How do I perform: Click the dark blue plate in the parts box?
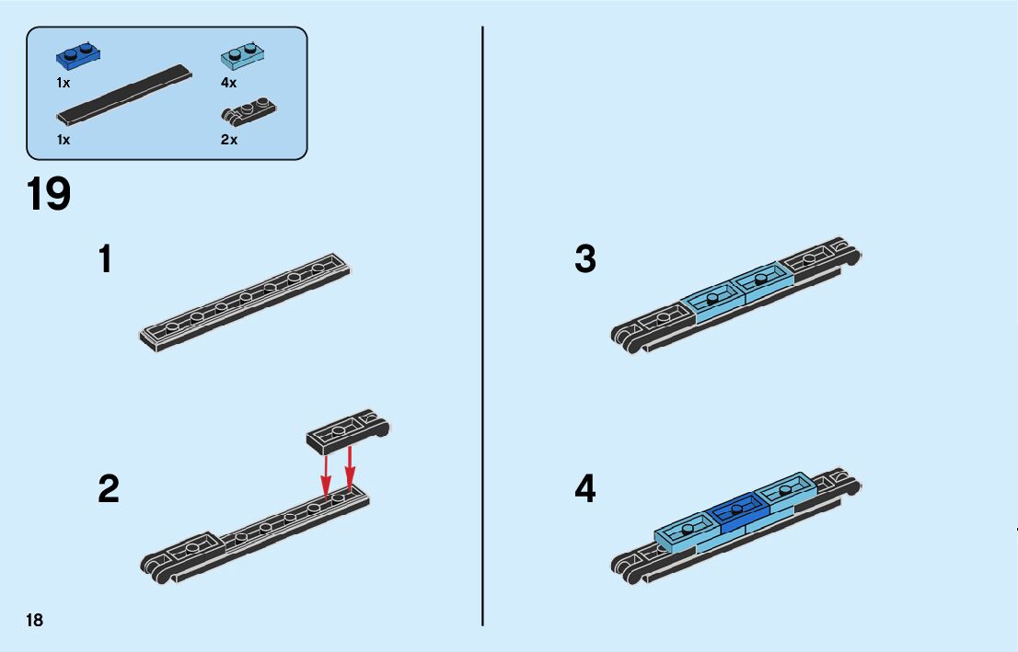[x=77, y=56]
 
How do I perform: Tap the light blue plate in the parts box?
[x=241, y=56]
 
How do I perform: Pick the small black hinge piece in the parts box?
[x=249, y=111]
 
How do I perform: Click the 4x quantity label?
[x=228, y=83]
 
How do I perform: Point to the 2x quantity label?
[x=228, y=140]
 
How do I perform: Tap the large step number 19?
[x=49, y=195]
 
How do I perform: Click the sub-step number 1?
[x=106, y=259]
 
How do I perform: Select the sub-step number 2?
[x=109, y=489]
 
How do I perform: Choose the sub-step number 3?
[x=585, y=259]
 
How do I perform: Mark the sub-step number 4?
[x=585, y=489]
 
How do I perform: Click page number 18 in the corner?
[x=35, y=621]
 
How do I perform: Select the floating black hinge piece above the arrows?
[x=348, y=429]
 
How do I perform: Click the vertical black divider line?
[x=482, y=326]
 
